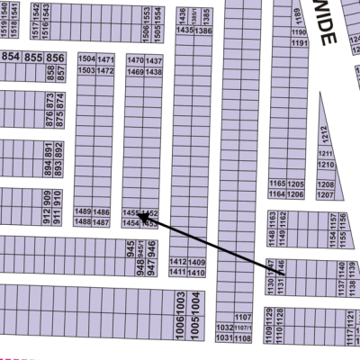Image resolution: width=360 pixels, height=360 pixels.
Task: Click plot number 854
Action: coord(11,58)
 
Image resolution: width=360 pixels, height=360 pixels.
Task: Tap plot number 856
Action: coord(56,58)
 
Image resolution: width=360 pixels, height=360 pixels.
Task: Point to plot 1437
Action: coord(154,60)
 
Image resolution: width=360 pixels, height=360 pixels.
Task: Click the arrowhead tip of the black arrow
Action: coord(139,216)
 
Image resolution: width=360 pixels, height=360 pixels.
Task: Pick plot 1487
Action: coord(103,221)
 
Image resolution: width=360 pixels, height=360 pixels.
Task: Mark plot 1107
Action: coord(241,318)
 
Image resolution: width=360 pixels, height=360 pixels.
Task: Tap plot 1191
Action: coord(300,43)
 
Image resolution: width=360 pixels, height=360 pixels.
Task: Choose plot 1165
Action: coord(277,184)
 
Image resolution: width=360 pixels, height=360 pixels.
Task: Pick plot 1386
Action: coord(206,31)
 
